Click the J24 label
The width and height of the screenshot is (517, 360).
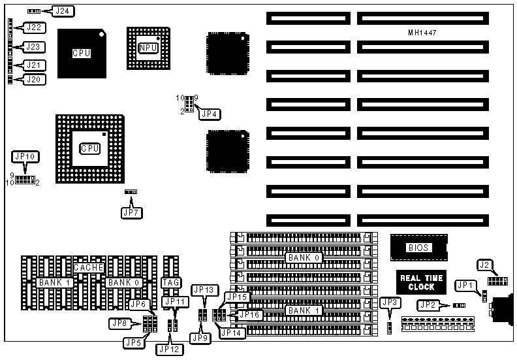pyautogui.click(x=64, y=11)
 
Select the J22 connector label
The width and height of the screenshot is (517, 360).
pyautogui.click(x=33, y=27)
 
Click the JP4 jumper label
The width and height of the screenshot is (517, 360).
pyautogui.click(x=210, y=114)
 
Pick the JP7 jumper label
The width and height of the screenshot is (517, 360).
pyautogui.click(x=131, y=212)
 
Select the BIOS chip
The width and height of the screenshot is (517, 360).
pyautogui.click(x=418, y=248)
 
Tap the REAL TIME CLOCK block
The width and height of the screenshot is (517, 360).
pyautogui.click(x=421, y=282)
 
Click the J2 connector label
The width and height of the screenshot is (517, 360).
pyautogui.click(x=484, y=265)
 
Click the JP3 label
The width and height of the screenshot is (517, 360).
pyautogui.click(x=390, y=302)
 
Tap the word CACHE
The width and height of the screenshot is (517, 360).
pyautogui.click(x=88, y=268)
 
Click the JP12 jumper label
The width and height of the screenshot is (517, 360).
pyautogui.click(x=166, y=348)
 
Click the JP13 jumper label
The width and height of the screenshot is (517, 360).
pyautogui.click(x=203, y=290)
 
